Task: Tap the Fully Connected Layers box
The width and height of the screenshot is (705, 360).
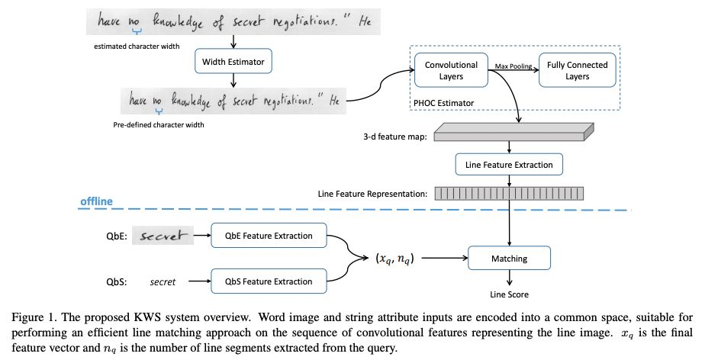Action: point(577,70)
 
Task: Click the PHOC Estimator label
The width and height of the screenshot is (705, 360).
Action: point(443,102)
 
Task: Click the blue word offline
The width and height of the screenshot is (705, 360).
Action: point(97,202)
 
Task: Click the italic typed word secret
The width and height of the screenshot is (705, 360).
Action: point(163,282)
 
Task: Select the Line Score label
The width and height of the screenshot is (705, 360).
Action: point(509,294)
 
